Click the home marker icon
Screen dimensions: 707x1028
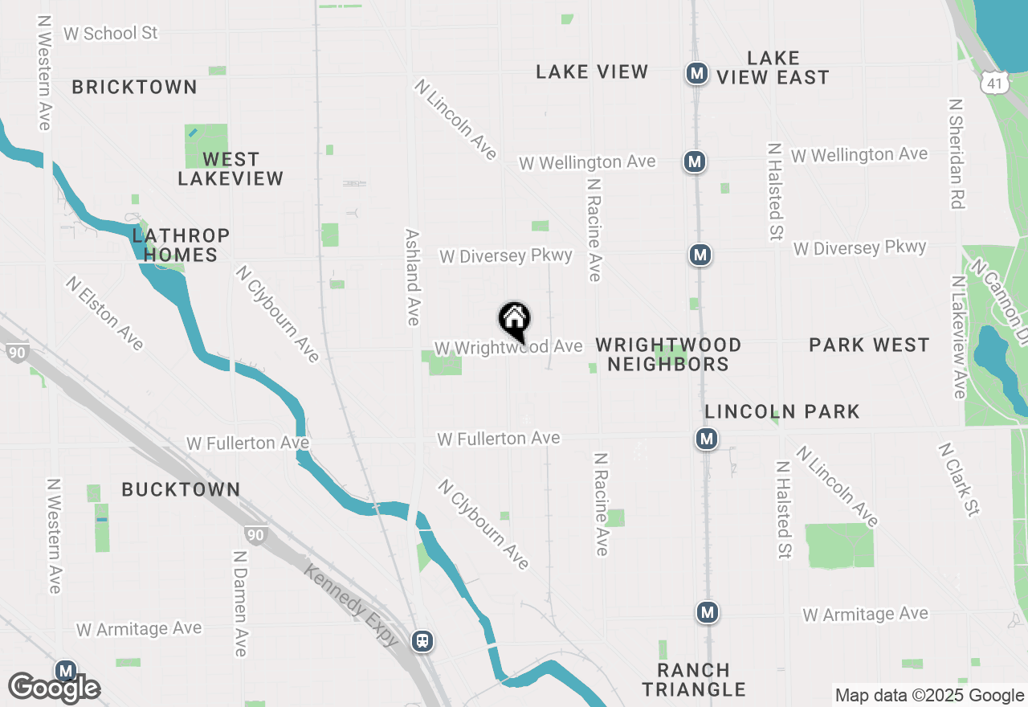point(514,319)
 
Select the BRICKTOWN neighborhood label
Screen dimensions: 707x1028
point(135,87)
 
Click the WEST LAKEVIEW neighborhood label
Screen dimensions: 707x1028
point(230,169)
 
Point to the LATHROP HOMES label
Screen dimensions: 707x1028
point(181,245)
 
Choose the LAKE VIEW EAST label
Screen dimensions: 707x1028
point(773,67)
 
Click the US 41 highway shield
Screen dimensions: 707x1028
point(994,81)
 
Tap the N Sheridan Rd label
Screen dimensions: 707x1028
point(955,154)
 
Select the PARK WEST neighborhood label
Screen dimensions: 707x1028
point(869,345)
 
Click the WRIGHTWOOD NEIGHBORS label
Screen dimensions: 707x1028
point(668,354)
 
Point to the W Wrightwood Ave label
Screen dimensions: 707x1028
point(508,347)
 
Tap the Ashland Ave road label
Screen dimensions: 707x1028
point(413,277)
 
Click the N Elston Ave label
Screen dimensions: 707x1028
point(105,314)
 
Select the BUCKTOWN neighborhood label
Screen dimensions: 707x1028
point(181,489)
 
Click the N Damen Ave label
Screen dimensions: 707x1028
point(239,603)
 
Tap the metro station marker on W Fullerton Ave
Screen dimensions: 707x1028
point(707,439)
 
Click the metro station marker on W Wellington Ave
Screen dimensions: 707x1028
point(695,162)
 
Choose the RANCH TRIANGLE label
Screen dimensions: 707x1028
point(694,680)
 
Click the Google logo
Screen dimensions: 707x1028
point(54,689)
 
